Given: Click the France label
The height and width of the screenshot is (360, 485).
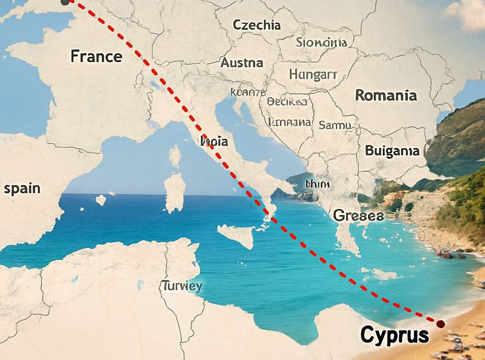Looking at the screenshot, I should (96, 56).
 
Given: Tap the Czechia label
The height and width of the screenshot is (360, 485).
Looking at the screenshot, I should (257, 25).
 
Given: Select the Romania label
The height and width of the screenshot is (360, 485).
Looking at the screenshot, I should (386, 95).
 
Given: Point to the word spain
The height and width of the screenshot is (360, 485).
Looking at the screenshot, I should (22, 189).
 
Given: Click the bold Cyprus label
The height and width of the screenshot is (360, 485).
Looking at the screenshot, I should (395, 335).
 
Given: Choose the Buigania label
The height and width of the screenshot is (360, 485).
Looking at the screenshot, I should (392, 151).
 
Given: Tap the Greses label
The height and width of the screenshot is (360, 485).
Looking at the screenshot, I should (358, 215).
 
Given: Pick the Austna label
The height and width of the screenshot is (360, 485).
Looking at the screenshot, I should (242, 62).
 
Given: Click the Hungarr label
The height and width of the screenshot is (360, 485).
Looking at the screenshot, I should (313, 74).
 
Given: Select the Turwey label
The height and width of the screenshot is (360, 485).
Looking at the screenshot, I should (182, 286).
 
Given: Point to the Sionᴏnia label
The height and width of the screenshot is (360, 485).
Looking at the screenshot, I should (321, 43).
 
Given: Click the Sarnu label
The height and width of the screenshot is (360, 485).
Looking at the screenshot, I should (335, 125).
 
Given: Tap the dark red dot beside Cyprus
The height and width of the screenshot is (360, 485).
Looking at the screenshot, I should (440, 324).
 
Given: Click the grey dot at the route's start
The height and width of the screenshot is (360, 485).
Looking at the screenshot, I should (65, 2).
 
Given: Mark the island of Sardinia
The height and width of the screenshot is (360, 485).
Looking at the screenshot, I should (175, 191).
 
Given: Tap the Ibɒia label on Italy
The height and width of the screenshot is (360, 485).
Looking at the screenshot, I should (215, 141).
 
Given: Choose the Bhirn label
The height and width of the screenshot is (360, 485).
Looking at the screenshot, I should (317, 184).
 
